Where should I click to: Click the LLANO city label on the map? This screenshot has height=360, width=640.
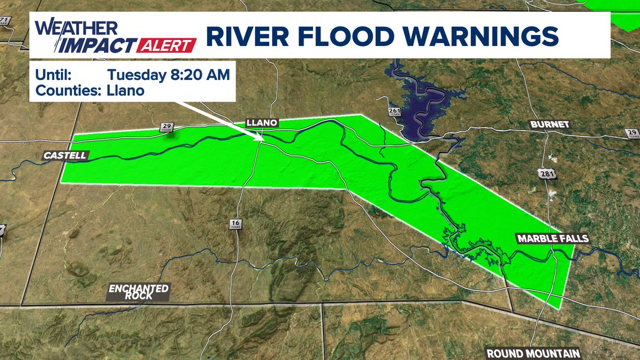click(261, 123)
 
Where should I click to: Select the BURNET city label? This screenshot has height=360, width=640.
click(550, 125)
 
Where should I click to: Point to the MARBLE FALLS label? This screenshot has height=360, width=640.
click(552, 238)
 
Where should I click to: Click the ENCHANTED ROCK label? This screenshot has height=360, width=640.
click(139, 292)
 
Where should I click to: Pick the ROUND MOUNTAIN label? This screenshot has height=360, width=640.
click(533, 354)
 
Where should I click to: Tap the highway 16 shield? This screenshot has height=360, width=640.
click(235, 223)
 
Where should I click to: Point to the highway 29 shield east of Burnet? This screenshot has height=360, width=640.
click(632, 133)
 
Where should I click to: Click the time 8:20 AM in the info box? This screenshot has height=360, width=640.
click(199, 74)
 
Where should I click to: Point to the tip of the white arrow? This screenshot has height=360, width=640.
click(262, 141)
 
